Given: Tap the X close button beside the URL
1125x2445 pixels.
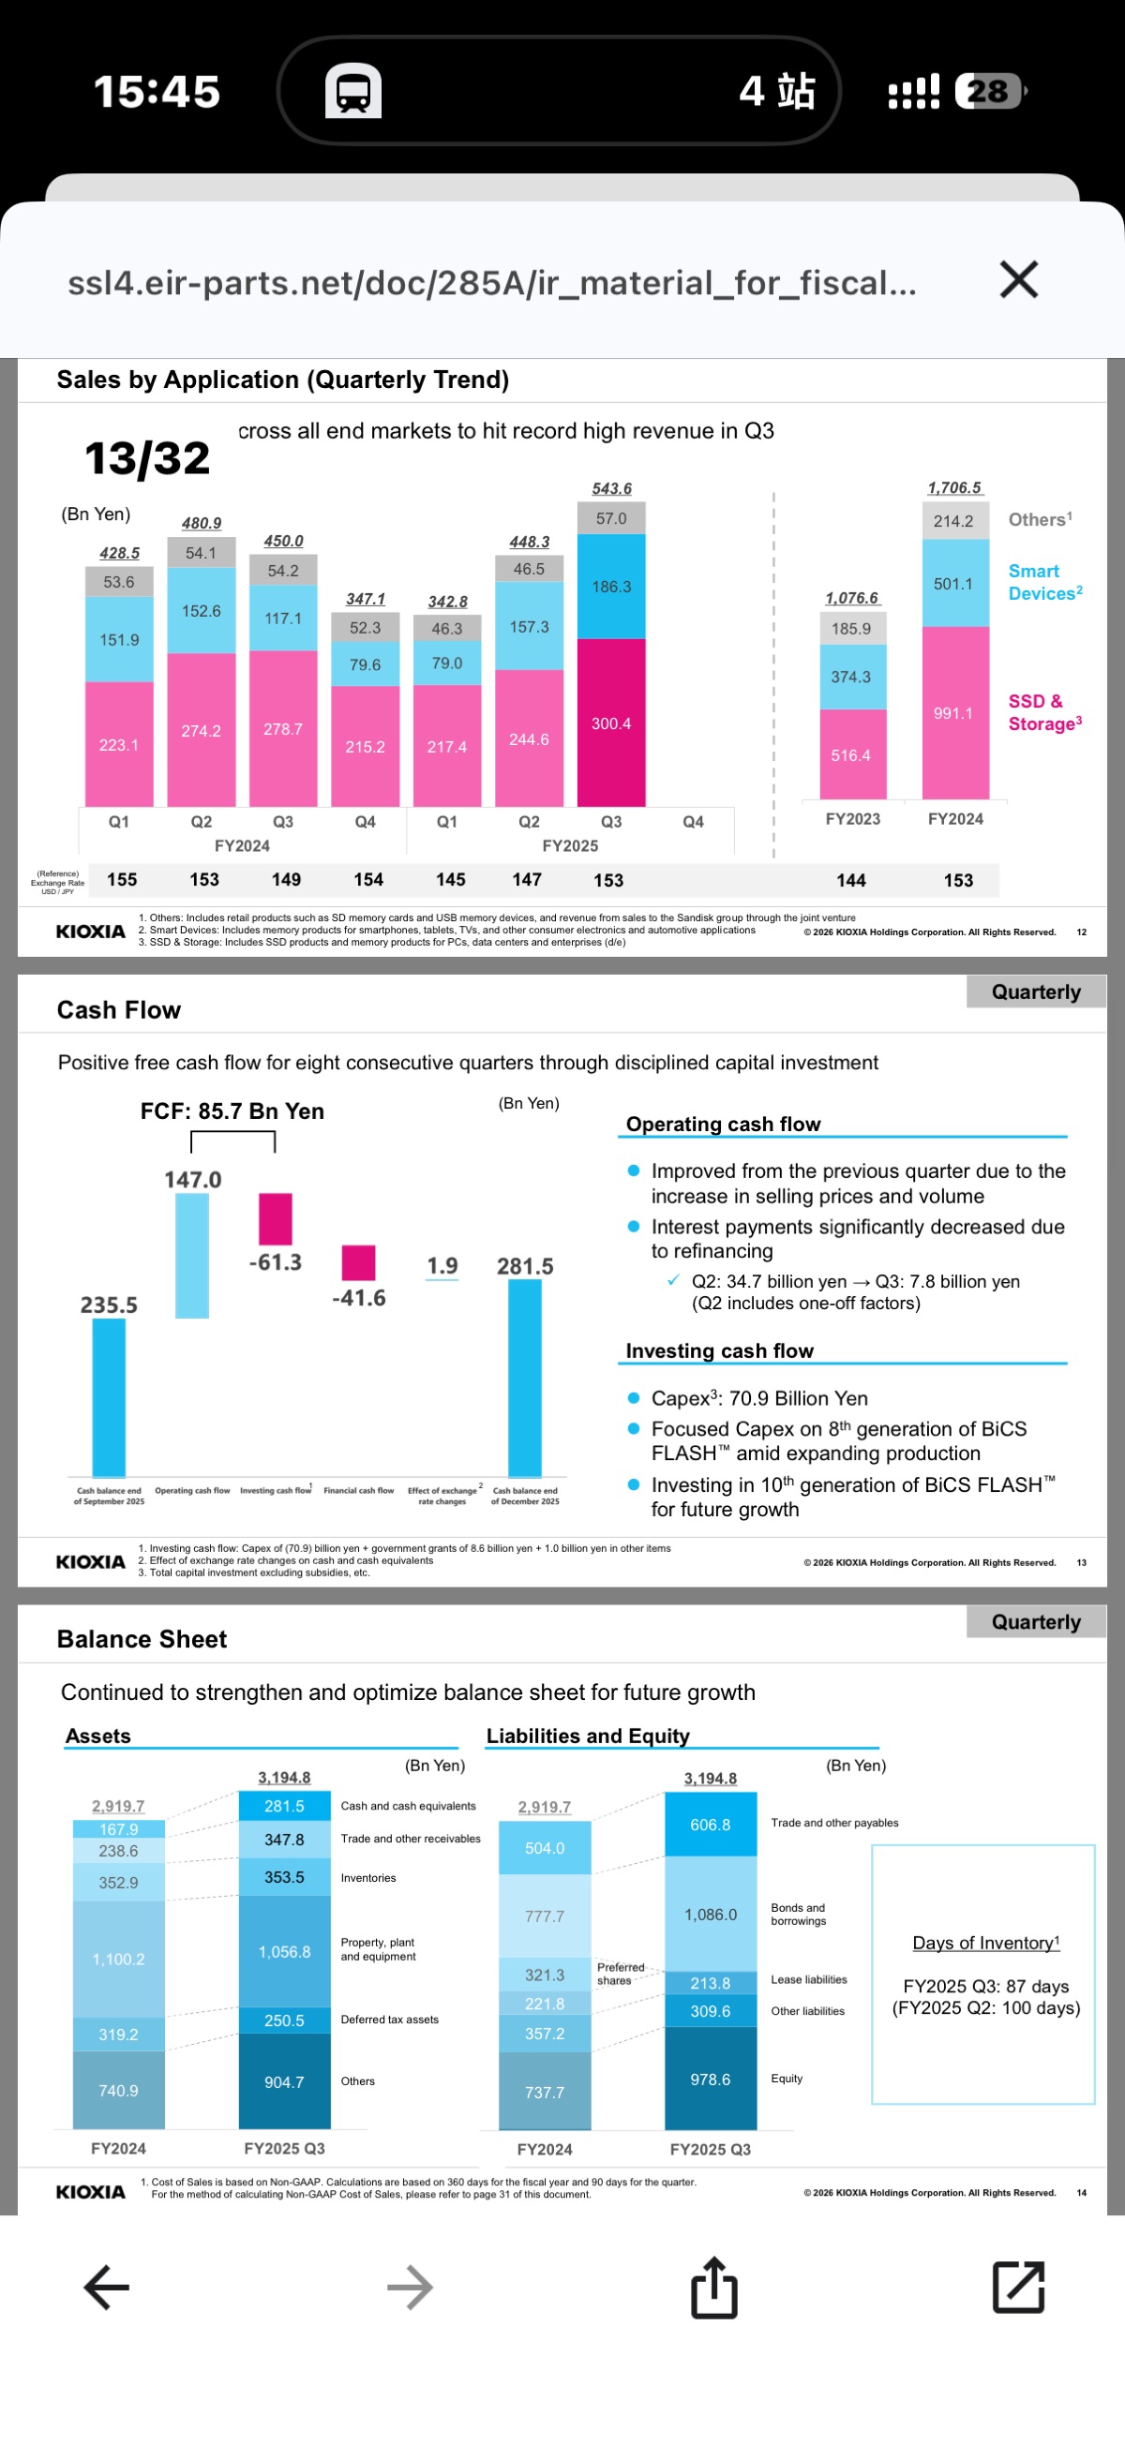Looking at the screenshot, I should (x=1019, y=280).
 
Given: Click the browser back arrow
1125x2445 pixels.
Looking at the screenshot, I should (x=106, y=2287).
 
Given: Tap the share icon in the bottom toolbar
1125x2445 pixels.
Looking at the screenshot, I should (x=714, y=2288).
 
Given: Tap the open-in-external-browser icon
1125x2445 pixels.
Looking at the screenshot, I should (x=1018, y=2287).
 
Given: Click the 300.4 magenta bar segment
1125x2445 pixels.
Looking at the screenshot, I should (x=610, y=723).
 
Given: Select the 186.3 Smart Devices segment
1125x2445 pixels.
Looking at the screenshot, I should (x=610, y=586).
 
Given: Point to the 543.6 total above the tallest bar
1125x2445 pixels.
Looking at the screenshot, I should (x=611, y=488).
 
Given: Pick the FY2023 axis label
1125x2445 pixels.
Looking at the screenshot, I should (x=851, y=818).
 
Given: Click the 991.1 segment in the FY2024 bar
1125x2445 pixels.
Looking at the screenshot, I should (x=953, y=713).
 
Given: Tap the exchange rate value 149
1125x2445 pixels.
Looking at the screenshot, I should (x=286, y=879).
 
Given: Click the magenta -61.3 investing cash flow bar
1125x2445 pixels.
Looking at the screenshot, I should (x=276, y=1217).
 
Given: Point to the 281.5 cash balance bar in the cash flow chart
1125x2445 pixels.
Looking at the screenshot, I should (x=524, y=1376).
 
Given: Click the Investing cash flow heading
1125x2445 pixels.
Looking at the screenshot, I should (x=719, y=1349).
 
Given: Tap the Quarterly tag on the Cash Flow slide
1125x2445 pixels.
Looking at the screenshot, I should (x=1035, y=991).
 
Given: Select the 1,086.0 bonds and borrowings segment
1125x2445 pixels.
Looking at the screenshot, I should (x=710, y=1914).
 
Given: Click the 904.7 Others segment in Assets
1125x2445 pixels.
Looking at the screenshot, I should (x=284, y=2081).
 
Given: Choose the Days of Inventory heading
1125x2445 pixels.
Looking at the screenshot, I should (x=984, y=1942).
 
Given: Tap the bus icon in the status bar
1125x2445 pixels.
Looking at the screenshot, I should (x=353, y=91).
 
